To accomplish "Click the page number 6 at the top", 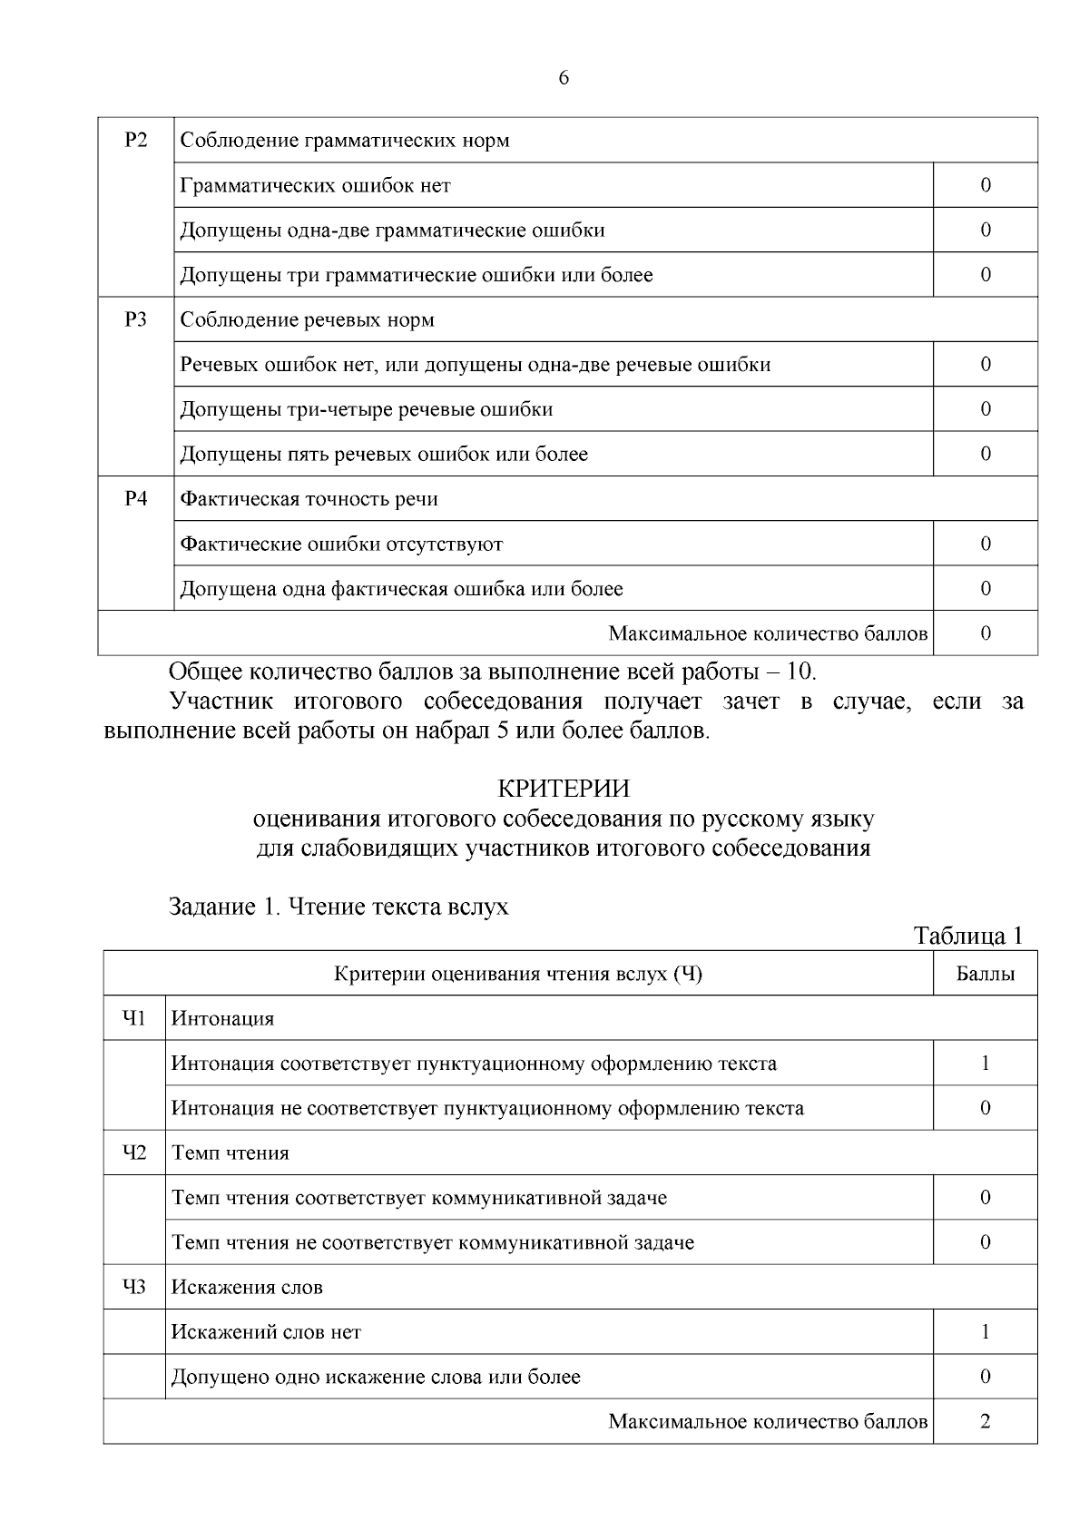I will point(564,78).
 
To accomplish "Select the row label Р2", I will point(135,140).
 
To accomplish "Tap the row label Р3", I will point(135,319).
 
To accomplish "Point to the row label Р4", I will point(135,498).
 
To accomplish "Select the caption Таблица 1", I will point(968,936).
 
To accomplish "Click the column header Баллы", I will point(985,974).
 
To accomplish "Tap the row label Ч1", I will point(134,1018).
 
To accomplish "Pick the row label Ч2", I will point(134,1153).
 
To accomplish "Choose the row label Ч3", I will point(134,1287).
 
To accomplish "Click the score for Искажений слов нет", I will point(985,1332).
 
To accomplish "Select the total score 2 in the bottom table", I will point(985,1421).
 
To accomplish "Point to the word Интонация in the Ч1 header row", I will point(222,1018).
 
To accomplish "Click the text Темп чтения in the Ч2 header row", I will point(231,1153).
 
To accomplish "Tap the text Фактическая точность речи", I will point(309,498).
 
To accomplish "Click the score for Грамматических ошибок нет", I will point(985,185).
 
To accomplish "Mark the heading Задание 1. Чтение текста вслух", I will point(338,906).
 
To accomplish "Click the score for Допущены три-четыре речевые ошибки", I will point(985,409).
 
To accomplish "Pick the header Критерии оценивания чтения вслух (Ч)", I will point(518,974).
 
